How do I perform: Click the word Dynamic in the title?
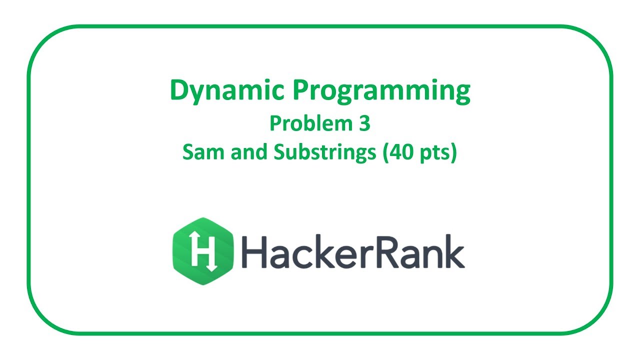(x=227, y=91)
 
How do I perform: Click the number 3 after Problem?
(x=363, y=123)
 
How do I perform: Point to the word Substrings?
(x=324, y=153)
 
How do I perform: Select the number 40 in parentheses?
(x=400, y=152)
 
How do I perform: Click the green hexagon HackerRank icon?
(x=203, y=251)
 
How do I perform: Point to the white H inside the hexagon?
(x=202, y=251)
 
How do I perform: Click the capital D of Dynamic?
(x=179, y=90)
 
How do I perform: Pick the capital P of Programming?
(x=300, y=90)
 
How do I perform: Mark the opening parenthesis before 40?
(x=385, y=153)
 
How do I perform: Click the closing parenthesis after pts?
(x=454, y=153)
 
